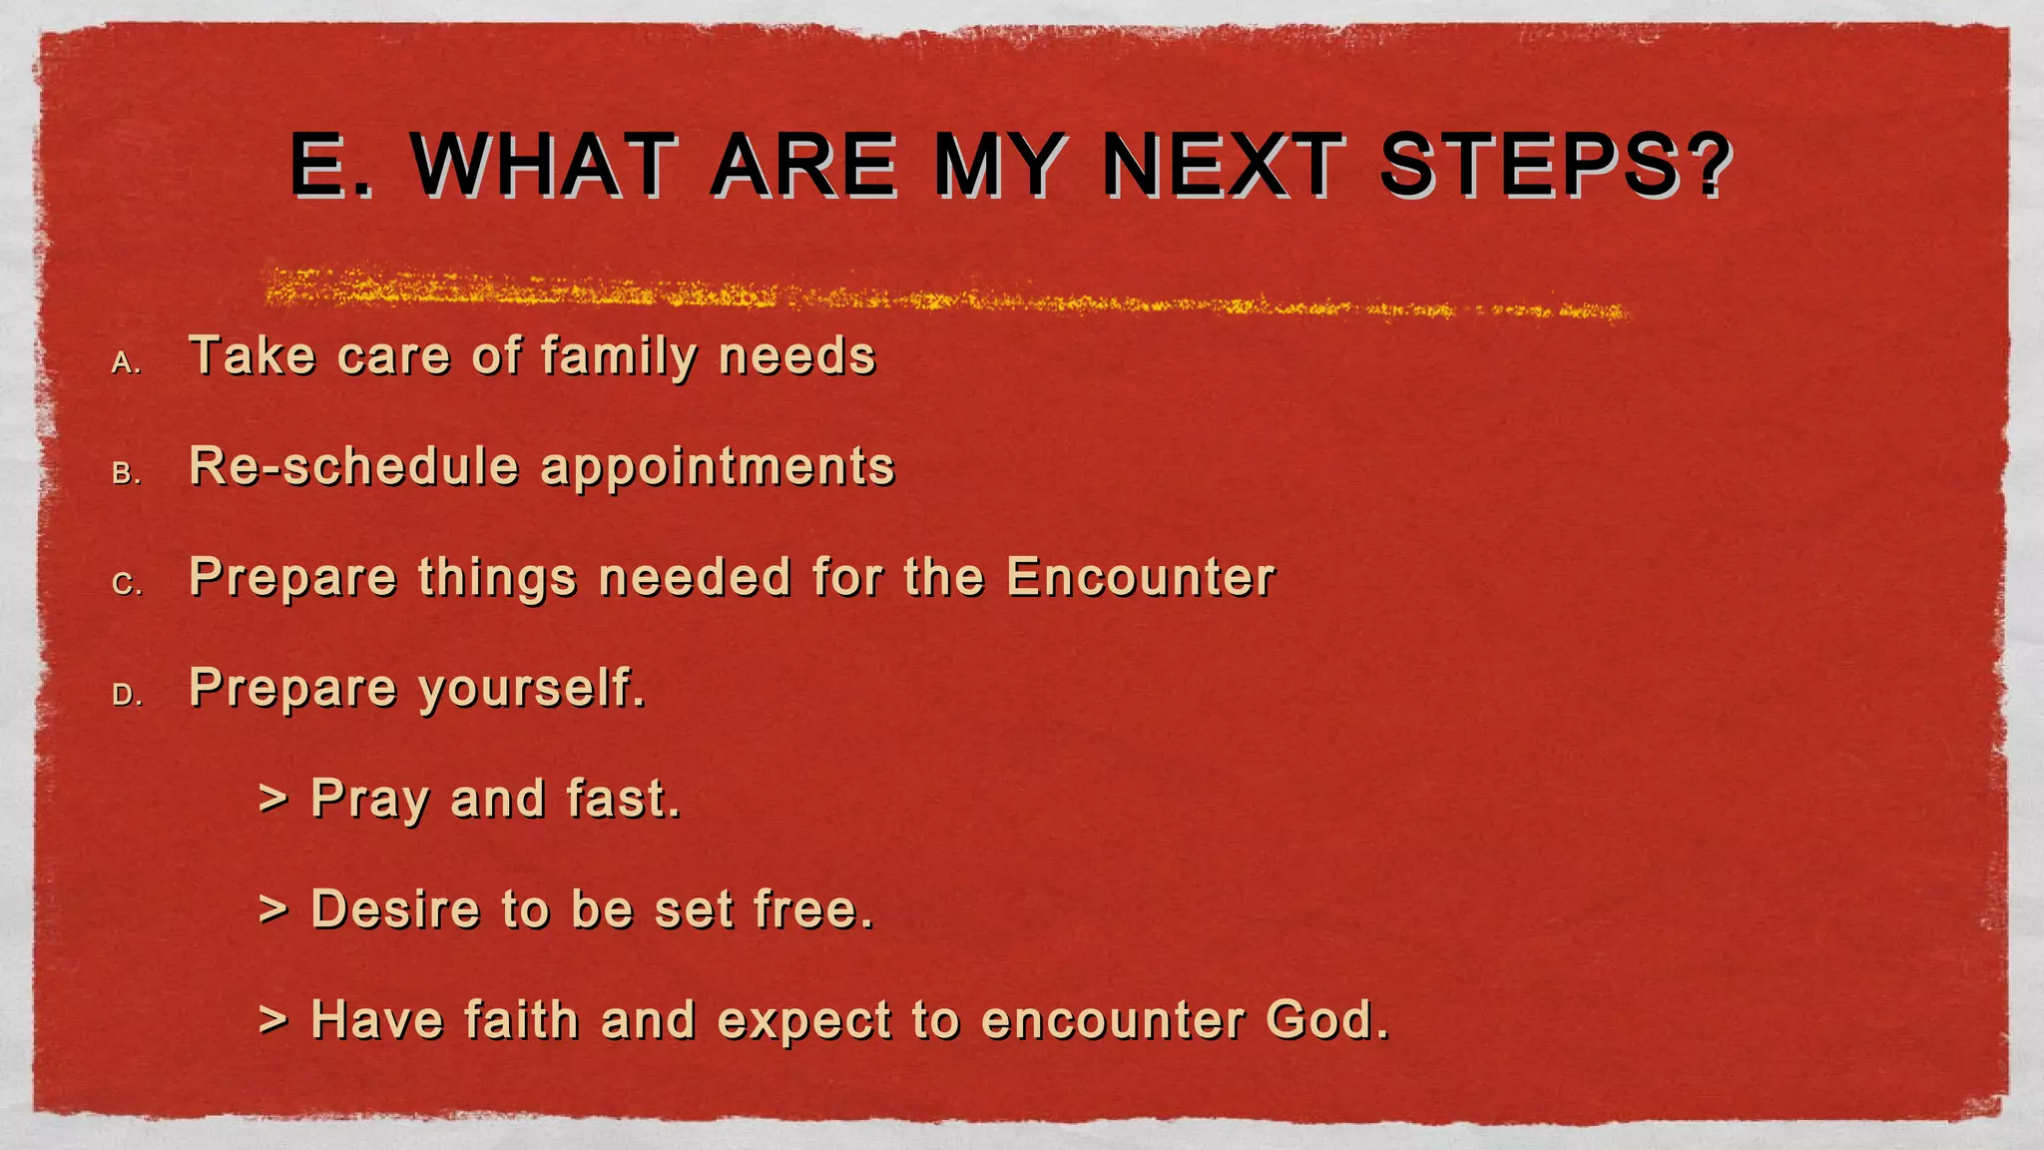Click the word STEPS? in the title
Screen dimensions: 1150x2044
pos(1555,165)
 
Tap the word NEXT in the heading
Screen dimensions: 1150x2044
pos(1224,165)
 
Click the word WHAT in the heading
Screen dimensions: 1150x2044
pos(544,165)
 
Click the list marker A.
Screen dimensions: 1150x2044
pos(127,363)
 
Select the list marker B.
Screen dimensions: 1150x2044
pos(127,473)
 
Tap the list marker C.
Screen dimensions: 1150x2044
pos(127,584)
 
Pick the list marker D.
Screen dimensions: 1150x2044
pos(127,695)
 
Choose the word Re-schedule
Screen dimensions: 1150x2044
pos(354,466)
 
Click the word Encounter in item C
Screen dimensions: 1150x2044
pos(1140,577)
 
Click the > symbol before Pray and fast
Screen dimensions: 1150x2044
pos(272,799)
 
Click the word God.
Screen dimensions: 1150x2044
pos(1327,1020)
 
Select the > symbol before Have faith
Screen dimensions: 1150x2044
pos(272,1020)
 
